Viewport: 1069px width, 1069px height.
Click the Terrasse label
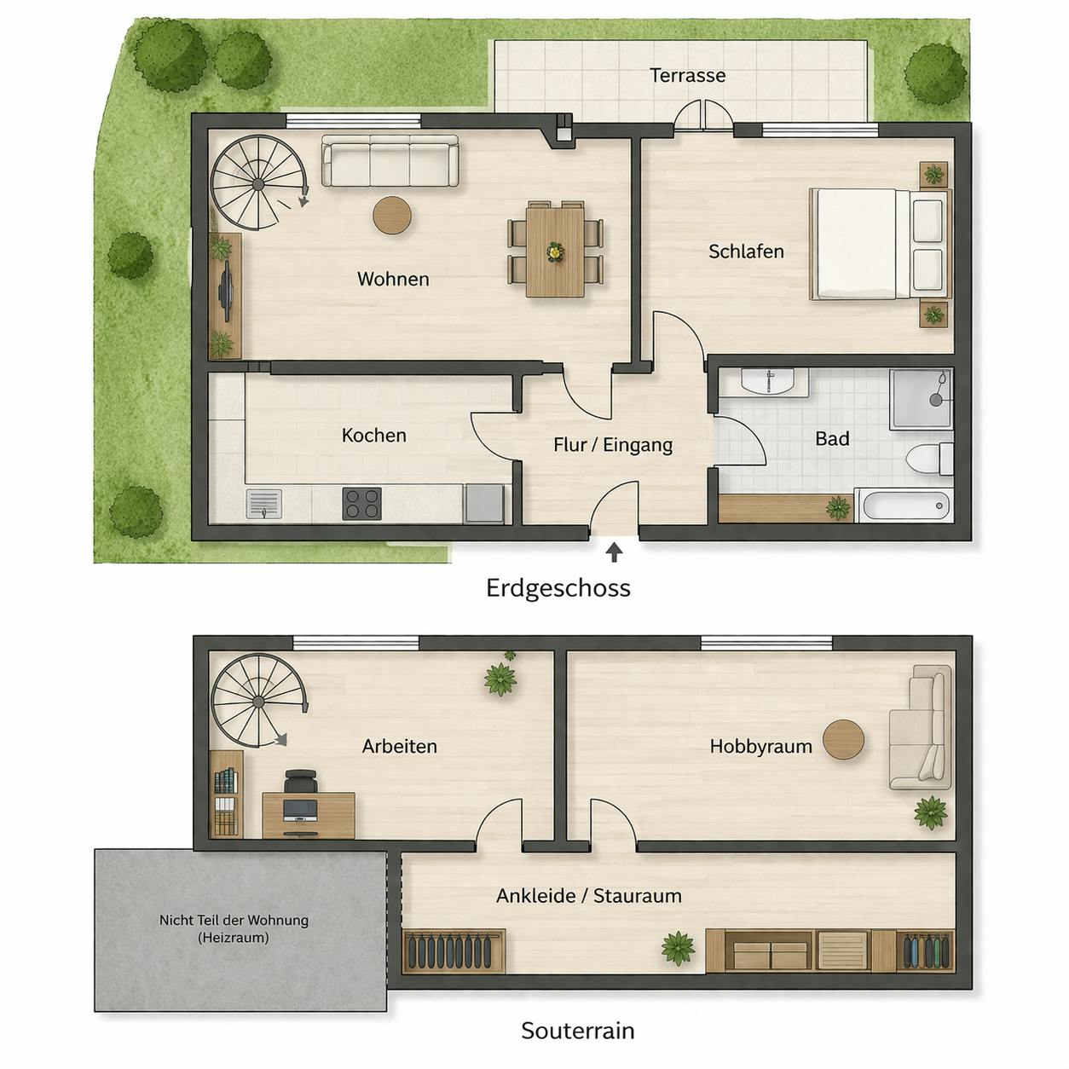[x=687, y=75]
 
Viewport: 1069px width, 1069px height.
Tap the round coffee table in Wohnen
[x=392, y=215]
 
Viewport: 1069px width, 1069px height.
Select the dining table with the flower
[x=555, y=251]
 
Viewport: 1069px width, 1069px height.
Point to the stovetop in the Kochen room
[x=362, y=503]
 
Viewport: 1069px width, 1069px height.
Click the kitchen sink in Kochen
[x=263, y=503]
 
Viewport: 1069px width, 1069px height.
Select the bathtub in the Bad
[x=904, y=506]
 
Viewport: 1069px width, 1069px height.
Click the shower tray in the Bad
[x=921, y=398]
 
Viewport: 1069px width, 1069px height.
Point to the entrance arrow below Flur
[x=614, y=552]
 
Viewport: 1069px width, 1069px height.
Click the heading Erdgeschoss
[x=558, y=588]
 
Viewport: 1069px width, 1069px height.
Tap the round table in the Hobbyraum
[x=844, y=739]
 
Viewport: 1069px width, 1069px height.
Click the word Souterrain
[x=577, y=1031]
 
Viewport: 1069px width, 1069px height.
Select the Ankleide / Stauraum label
[x=588, y=896]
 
